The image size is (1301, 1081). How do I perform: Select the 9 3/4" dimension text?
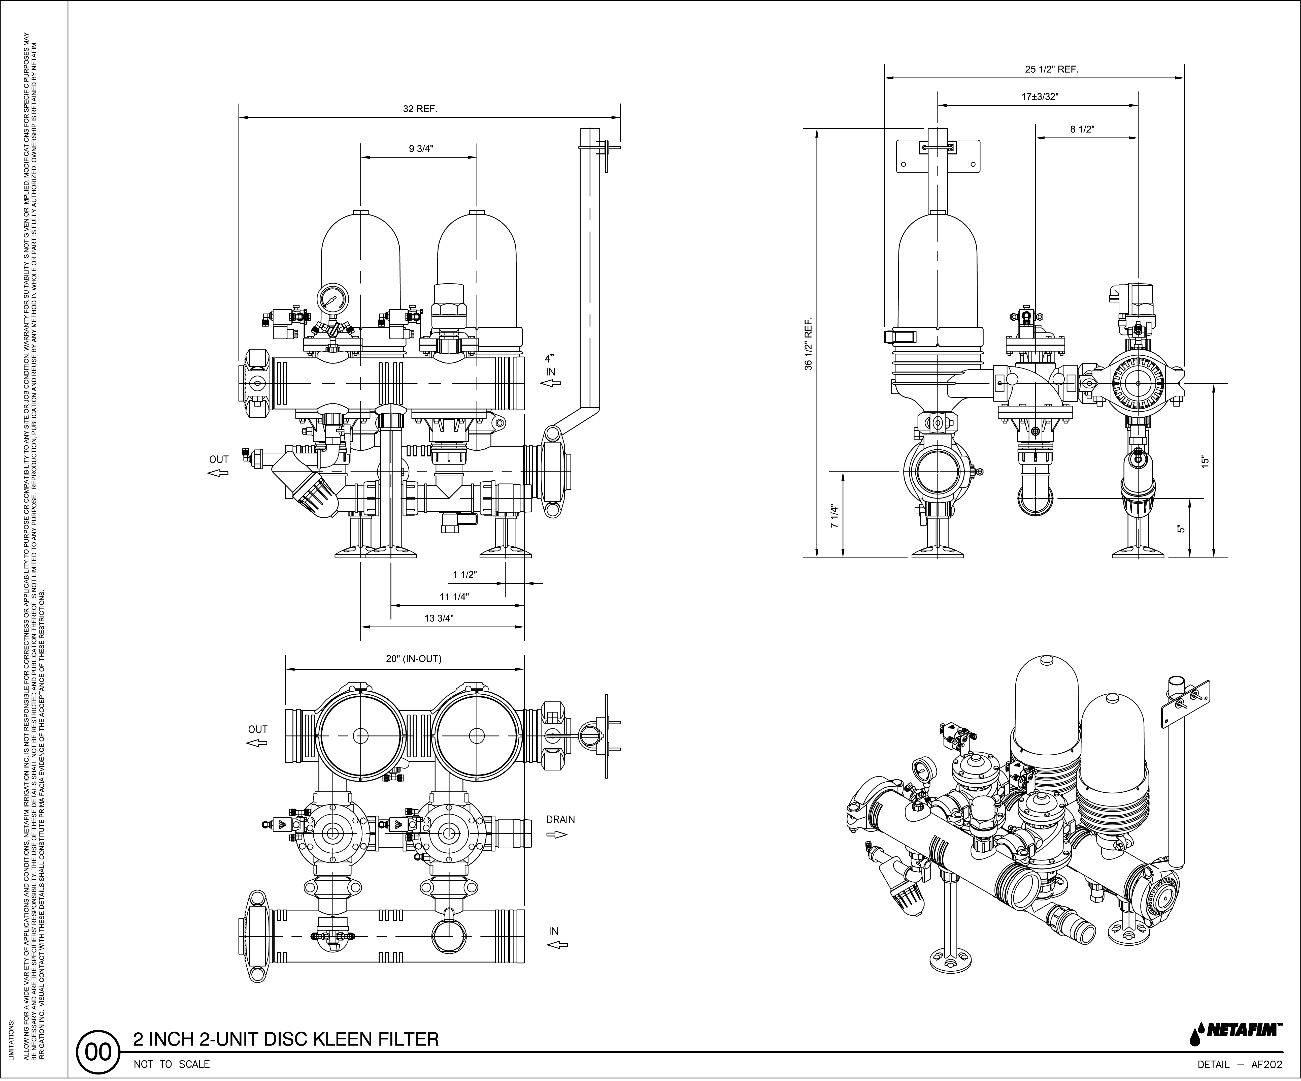pyautogui.click(x=421, y=149)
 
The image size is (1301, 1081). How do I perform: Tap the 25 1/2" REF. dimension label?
pyautogui.click(x=1051, y=69)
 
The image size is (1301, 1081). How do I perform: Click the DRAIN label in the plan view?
pyautogui.click(x=561, y=819)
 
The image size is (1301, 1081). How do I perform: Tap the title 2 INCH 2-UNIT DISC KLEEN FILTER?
pyautogui.click(x=286, y=1039)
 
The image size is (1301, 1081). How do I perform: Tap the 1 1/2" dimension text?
pyautogui.click(x=465, y=575)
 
